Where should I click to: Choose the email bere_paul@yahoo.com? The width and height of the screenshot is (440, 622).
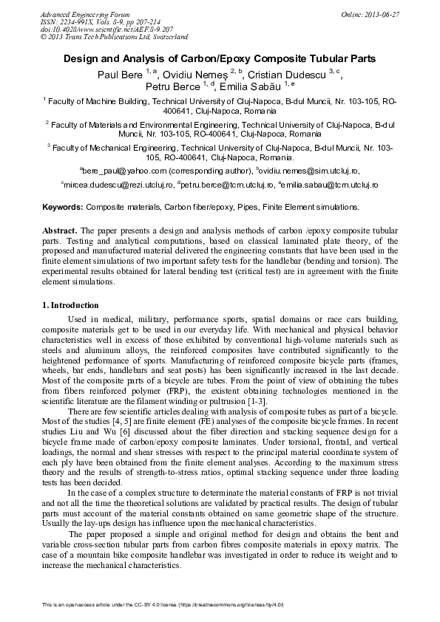(118, 171)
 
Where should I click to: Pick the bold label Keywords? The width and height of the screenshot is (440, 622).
(63, 208)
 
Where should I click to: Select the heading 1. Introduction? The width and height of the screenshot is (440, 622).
(70, 305)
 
